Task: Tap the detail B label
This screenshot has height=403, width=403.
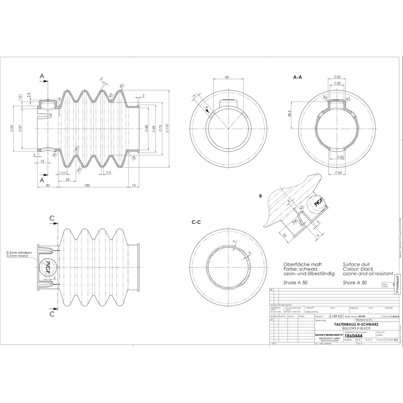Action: [x=261, y=196]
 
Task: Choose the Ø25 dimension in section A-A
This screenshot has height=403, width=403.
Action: [x=338, y=77]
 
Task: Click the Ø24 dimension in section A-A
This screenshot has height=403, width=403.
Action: [x=338, y=173]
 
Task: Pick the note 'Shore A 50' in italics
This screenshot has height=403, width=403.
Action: [x=355, y=283]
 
